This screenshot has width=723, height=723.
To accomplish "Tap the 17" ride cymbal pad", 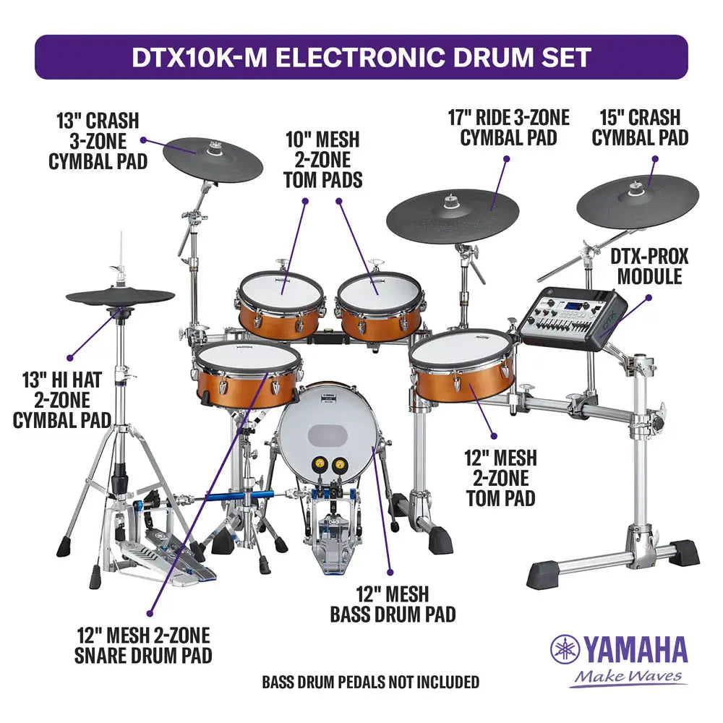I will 453,215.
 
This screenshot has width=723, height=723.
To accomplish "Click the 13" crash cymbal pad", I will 212,158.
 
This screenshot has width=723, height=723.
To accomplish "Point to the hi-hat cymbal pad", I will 120,297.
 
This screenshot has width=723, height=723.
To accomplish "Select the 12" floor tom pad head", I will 461,348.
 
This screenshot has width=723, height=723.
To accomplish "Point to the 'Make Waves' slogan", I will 627,677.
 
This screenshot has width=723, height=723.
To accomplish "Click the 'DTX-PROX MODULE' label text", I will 649,266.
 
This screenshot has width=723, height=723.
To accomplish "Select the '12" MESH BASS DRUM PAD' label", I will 393,604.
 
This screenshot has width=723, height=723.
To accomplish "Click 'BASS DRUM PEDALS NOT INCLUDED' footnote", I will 370,681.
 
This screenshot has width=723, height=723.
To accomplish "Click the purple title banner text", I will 361,57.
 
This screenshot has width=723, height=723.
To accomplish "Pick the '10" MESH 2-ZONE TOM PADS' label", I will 322,159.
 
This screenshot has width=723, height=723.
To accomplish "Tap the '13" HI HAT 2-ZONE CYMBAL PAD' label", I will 61,399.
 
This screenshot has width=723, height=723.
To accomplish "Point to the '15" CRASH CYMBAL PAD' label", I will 640,127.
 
